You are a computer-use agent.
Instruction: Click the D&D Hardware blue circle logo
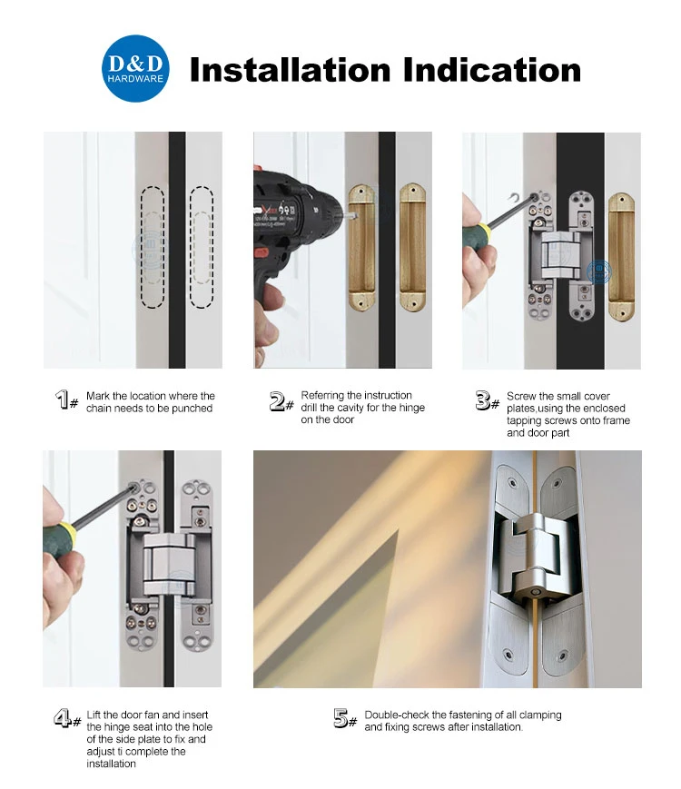135,68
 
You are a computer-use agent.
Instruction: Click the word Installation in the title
290,69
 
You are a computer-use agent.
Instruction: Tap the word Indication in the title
492,69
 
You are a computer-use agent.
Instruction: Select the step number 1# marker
66,399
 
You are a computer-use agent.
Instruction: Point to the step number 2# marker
281,401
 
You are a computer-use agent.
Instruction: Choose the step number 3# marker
488,400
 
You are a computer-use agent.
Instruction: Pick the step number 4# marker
67,718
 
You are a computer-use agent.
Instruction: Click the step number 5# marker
345,718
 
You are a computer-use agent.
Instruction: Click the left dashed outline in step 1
152,247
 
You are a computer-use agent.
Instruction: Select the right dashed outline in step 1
202,247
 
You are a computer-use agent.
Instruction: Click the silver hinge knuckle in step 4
170,564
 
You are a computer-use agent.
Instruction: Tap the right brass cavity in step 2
413,247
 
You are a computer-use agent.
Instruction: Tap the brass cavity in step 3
621,257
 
